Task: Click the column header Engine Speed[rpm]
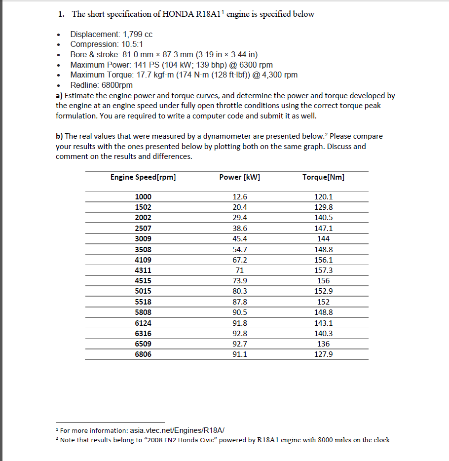[143, 177]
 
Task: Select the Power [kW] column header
[239, 177]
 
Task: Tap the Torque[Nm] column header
[323, 177]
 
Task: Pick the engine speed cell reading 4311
[143, 270]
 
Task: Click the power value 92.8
[239, 334]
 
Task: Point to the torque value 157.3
[323, 270]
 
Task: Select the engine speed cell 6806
[143, 354]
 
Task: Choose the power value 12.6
[239, 197]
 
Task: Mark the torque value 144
[323, 239]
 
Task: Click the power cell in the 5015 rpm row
[239, 291]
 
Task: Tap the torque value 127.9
[323, 354]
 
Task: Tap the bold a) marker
[59, 96]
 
